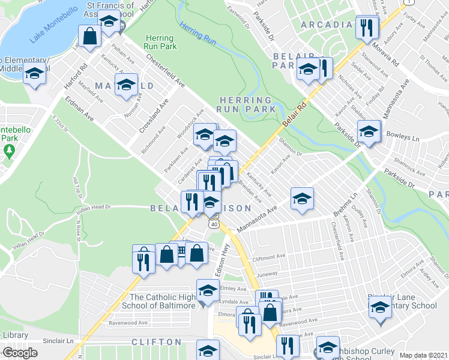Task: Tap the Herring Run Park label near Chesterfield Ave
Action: coord(160,41)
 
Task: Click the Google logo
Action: coord(20,353)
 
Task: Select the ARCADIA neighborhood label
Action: coord(326,25)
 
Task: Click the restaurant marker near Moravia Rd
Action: coord(365,27)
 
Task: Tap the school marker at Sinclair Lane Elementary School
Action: coord(380,309)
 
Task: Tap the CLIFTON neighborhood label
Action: coord(157,341)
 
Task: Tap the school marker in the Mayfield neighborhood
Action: coord(127,84)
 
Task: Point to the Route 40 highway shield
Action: coord(214,223)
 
